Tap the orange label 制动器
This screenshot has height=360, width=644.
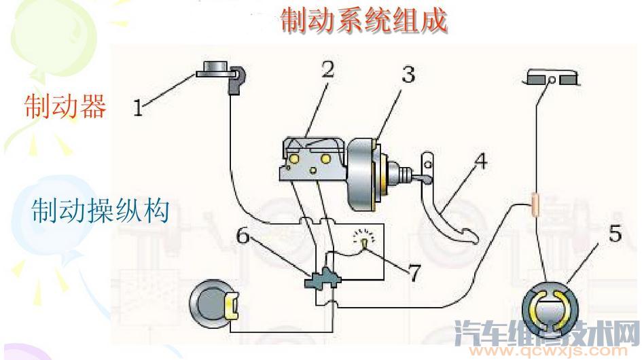click(65, 107)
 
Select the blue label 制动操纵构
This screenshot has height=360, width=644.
click(100, 211)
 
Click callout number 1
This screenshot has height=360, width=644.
click(138, 107)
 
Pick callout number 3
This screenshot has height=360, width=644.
click(407, 75)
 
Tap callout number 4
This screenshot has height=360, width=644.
click(480, 162)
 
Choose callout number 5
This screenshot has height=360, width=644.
click(615, 234)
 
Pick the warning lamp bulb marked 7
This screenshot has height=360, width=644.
click(365, 241)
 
